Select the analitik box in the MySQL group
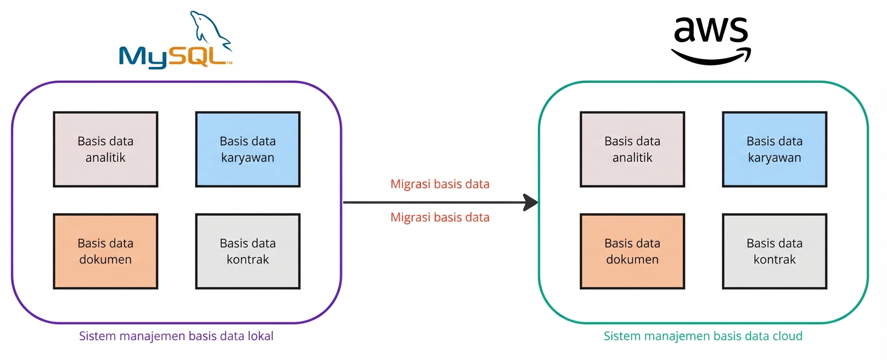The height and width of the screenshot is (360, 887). [105, 149]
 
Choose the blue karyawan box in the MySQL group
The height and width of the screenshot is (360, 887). [248, 149]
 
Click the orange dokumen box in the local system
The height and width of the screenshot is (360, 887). [105, 251]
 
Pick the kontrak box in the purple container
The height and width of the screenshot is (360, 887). [248, 251]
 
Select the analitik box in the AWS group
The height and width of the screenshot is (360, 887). [632, 149]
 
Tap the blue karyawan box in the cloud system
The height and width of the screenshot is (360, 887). [774, 149]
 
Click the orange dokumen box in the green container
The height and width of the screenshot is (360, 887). [632, 251]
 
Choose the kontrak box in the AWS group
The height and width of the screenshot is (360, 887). [774, 251]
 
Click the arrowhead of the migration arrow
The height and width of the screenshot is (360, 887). [530, 203]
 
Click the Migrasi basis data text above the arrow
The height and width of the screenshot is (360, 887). [440, 184]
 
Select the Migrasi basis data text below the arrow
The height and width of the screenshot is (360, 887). [440, 218]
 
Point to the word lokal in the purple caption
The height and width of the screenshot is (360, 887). [260, 336]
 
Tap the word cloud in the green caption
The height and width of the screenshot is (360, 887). [787, 336]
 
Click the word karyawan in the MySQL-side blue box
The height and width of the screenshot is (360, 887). [248, 158]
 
